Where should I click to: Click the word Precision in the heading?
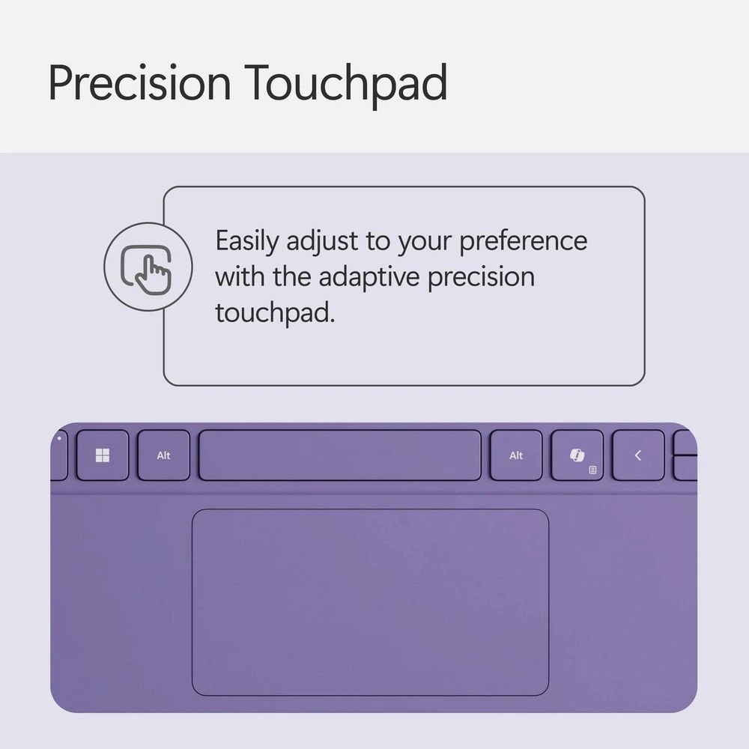coord(139,83)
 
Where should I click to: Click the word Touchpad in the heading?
coord(345,83)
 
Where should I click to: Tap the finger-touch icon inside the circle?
coord(148,267)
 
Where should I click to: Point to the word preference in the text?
coord(523,242)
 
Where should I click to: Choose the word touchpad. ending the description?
coord(274,312)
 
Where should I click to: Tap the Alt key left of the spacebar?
coord(163,455)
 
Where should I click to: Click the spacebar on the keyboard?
coord(339,455)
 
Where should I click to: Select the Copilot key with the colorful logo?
coord(577,455)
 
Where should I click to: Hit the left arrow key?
coord(637,455)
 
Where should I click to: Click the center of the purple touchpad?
coord(370,602)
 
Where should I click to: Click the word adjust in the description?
coord(323,242)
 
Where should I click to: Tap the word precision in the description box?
coord(481,277)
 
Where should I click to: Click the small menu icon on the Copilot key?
coord(592,470)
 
